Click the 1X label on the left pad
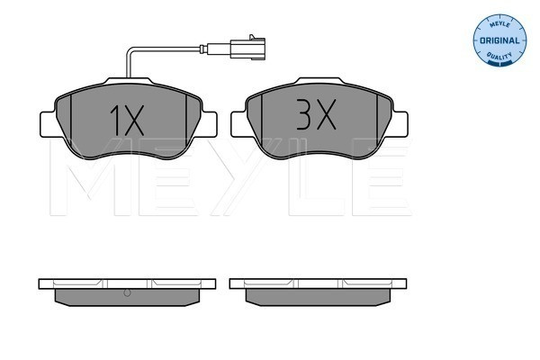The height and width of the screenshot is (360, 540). (x=127, y=121)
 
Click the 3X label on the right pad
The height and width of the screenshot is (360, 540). (x=316, y=114)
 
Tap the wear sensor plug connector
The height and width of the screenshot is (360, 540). (x=248, y=49)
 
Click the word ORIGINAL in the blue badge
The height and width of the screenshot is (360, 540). (x=499, y=40)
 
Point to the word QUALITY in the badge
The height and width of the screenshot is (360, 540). (x=499, y=56)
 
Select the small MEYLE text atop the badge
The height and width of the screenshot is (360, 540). (x=499, y=24)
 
